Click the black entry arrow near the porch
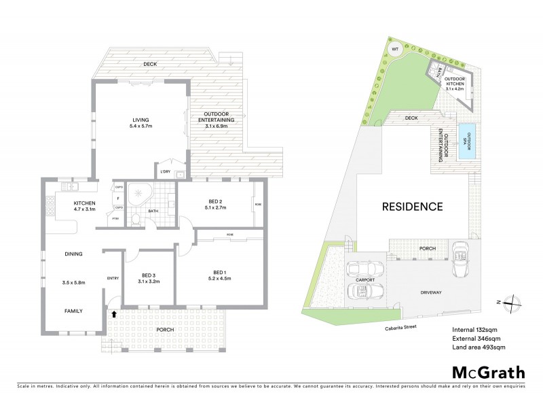[113, 313]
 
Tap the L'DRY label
[164, 170]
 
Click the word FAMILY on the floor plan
[73, 311]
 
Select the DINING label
[73, 254]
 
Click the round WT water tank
[395, 50]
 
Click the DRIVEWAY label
[430, 293]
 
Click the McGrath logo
[488, 372]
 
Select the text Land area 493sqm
[479, 347]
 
